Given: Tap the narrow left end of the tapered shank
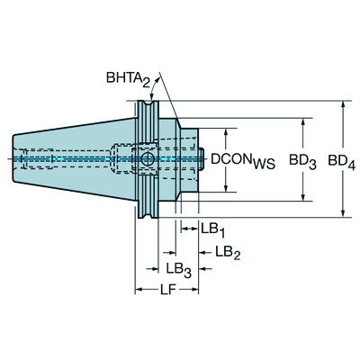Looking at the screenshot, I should pos(15,159).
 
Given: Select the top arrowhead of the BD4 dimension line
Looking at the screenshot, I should pos(342,105).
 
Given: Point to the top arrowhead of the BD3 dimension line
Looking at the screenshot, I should pos(302,120).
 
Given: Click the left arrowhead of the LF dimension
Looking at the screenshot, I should pos(139,291).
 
